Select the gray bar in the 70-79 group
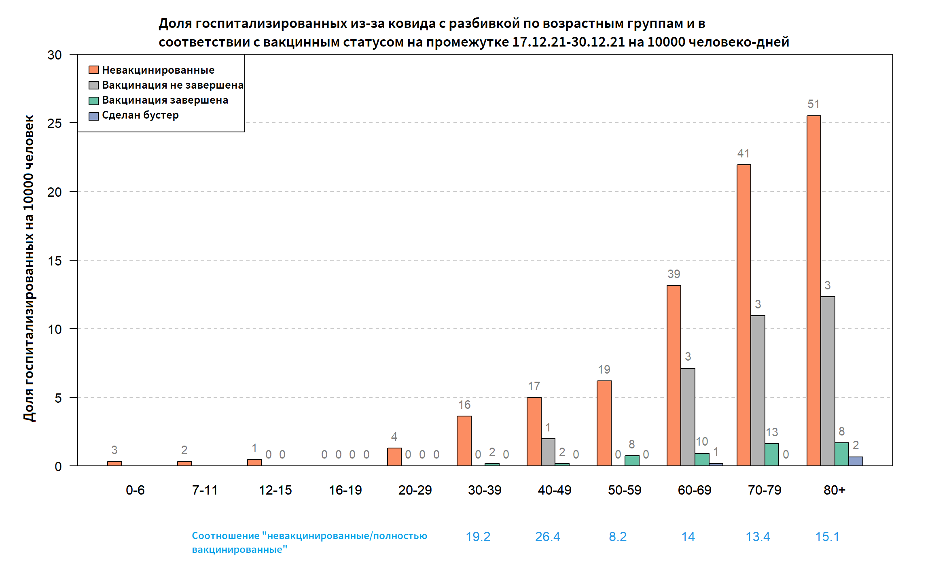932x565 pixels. [x=758, y=391]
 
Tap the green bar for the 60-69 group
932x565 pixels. [x=702, y=459]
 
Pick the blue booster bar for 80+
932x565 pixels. [x=856, y=461]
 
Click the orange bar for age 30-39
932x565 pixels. [x=464, y=441]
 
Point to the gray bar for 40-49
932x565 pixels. [x=548, y=452]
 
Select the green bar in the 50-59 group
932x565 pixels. [x=632, y=461]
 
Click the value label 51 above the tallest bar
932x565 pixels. [x=813, y=104]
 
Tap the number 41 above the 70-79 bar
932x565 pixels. [x=743, y=154]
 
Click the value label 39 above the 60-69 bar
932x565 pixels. [x=674, y=274]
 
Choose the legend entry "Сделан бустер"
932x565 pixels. [x=140, y=115]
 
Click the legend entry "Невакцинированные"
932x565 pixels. [x=158, y=70]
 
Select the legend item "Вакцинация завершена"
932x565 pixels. [x=165, y=100]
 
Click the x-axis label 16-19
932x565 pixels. [x=345, y=490]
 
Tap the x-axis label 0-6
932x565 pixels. [x=135, y=490]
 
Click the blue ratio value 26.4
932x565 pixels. [x=548, y=537]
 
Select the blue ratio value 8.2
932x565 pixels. [x=618, y=537]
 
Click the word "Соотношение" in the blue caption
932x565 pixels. [x=225, y=536]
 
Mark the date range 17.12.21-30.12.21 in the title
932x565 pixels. [x=568, y=42]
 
